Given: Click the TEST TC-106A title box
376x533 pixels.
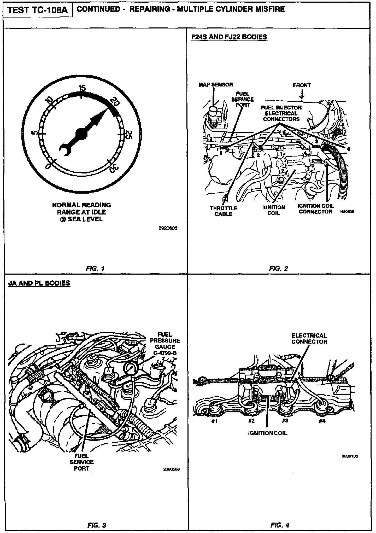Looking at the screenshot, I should pos(38,10).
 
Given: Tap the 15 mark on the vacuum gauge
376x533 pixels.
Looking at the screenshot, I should pos(82,89).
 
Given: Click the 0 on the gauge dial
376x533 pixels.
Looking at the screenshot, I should pos(48,166).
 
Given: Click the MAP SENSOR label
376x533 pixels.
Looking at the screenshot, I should pos(216,85).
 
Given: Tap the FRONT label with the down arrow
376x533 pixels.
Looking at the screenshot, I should pos(302,85).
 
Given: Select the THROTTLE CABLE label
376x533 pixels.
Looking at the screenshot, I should pos(224,211).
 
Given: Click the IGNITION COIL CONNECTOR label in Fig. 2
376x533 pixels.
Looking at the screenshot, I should pos(315,209).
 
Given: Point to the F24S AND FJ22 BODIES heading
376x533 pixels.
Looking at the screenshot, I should pos(229,37).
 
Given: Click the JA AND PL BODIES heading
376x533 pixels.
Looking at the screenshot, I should pos(39,283).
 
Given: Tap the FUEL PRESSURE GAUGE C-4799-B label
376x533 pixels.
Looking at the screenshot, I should pos(165,344).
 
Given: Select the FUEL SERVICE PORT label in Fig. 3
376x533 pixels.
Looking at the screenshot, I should pos(81,462).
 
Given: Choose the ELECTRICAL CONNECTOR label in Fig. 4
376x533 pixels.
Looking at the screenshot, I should pos(309,339).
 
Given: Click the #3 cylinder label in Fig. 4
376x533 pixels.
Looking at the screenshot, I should pos(285,421).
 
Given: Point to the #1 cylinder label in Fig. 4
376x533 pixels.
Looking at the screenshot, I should pos(214,421).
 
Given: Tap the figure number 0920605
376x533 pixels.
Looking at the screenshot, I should pos(168,228).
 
